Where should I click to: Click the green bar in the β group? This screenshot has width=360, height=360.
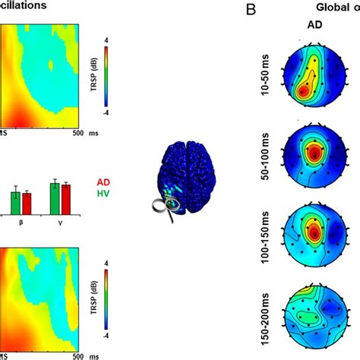tap(15, 203)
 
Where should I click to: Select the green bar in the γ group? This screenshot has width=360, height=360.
tap(54, 197)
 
